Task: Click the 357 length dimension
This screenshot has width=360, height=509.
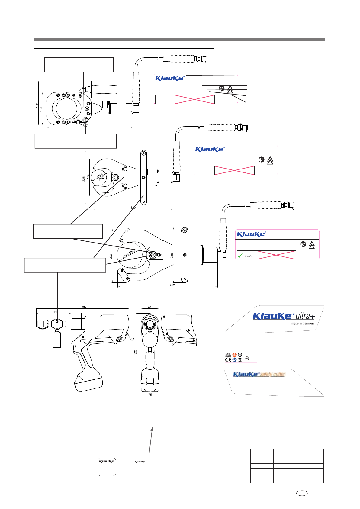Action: click(x=85, y=126)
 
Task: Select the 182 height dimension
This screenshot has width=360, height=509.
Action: click(x=37, y=105)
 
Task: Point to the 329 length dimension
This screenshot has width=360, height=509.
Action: click(x=133, y=208)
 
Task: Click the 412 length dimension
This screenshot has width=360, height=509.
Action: click(x=172, y=285)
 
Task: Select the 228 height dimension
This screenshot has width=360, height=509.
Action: click(x=172, y=256)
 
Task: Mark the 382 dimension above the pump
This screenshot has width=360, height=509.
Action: click(x=84, y=307)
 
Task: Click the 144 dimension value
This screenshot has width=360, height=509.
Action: click(x=54, y=311)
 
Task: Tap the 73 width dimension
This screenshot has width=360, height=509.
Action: click(x=149, y=307)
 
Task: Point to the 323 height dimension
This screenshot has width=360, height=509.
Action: click(x=136, y=352)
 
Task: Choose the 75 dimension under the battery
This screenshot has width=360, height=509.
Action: click(x=150, y=395)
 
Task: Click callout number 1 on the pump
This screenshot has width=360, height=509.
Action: click(x=117, y=344)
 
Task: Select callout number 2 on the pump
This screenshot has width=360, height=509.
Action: click(x=132, y=339)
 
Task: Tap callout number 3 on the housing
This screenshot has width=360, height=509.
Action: click(x=173, y=344)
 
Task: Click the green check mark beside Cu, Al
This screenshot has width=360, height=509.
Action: click(x=240, y=256)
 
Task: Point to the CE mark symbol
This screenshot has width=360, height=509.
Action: click(x=228, y=359)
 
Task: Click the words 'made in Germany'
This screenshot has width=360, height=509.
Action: click(x=303, y=323)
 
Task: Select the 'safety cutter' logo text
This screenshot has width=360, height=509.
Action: click(x=272, y=375)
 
